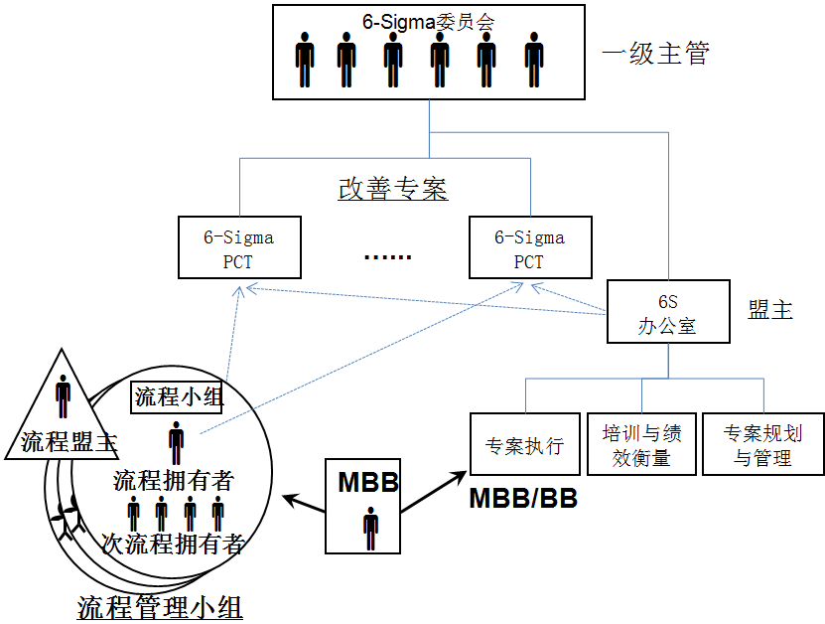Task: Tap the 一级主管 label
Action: coord(656,54)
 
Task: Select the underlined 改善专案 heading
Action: coord(393,189)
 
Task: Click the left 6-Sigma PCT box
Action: coord(239,249)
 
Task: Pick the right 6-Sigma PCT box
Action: coord(530,249)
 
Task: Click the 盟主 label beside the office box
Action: coord(771,310)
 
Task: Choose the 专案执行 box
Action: coord(524,444)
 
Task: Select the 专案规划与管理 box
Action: coord(762,444)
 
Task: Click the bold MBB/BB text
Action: coord(523,497)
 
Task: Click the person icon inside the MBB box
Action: coord(370,527)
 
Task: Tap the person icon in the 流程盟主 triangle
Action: coord(64,394)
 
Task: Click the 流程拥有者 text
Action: coord(174,481)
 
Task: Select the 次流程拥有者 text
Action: coord(173,544)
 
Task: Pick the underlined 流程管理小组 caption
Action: coord(160,606)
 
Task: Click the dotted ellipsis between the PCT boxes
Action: coord(387,257)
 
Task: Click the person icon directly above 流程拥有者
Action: coord(176,441)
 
